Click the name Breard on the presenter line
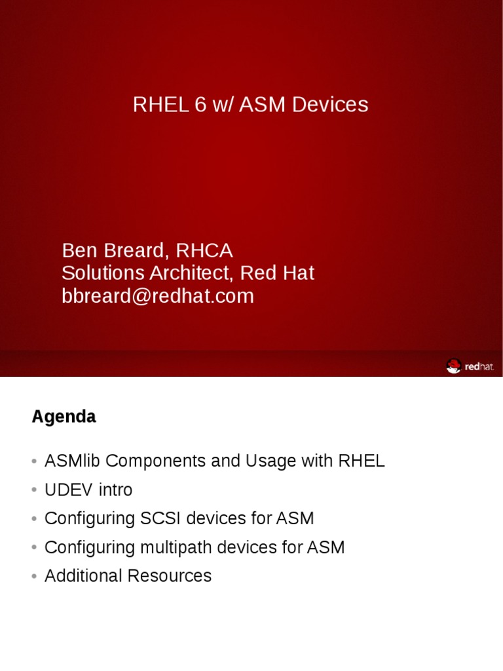(135, 250)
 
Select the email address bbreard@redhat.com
(158, 296)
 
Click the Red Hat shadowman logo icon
(453, 366)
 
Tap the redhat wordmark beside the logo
(479, 367)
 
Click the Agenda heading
(64, 417)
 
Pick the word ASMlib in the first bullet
(73, 461)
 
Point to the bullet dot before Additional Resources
(34, 577)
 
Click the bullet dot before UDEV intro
(34, 491)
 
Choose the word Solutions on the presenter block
(100, 273)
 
